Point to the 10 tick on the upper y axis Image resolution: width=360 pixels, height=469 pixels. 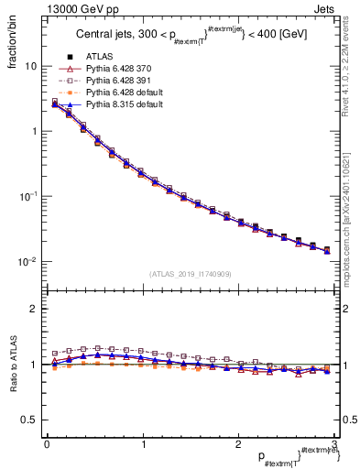pyautogui.click(x=30, y=66)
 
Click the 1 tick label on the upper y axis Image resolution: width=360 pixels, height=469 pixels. pyautogui.click(x=33, y=131)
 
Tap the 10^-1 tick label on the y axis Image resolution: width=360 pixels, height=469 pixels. pyautogui.click(x=28, y=196)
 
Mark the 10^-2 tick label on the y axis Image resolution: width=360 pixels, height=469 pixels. pyautogui.click(x=28, y=262)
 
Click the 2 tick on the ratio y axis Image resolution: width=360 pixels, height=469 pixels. pyautogui.click(x=33, y=309)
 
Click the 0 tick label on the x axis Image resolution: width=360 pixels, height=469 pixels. pyautogui.click(x=47, y=445)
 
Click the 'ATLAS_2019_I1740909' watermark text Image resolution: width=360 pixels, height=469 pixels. pyautogui.click(x=190, y=273)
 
